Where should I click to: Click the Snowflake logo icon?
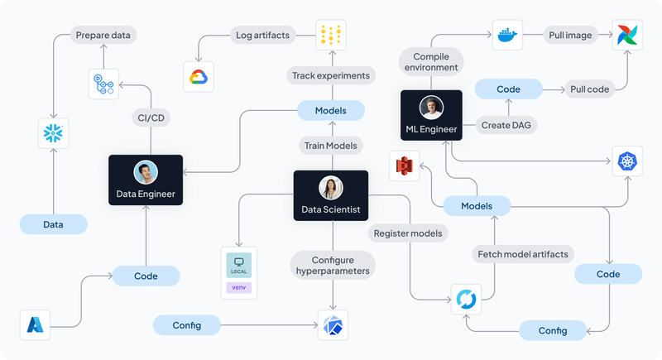pos(52,133)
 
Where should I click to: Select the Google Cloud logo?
pos(197,76)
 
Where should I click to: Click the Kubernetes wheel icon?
pos(626,161)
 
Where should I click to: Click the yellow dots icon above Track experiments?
pos(330,36)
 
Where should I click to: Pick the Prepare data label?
pos(103,36)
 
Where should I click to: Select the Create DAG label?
pos(506,125)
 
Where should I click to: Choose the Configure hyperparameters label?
pos(331,265)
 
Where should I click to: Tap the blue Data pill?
pos(53,224)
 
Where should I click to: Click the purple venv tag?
pos(238,289)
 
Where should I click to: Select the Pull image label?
pos(568,36)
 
